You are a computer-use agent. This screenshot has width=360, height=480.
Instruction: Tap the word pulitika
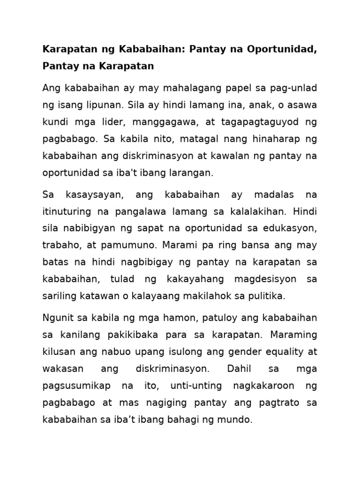267,296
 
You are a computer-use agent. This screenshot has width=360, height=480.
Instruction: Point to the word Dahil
240,368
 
